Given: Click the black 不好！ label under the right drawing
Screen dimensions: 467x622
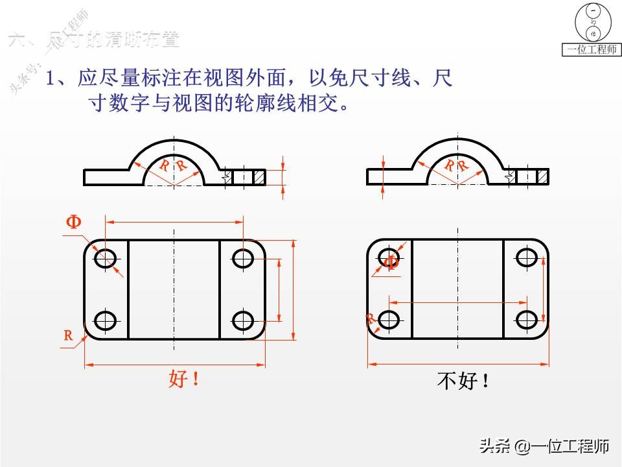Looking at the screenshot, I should pos(463,381).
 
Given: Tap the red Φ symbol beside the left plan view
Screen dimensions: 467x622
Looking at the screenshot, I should pos(73,222).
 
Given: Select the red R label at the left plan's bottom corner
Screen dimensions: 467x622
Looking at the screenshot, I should pos(68,335).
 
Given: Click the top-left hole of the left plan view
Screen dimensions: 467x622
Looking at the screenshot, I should pos(105,258).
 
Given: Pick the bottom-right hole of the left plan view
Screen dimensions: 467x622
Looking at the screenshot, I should pos(243,320).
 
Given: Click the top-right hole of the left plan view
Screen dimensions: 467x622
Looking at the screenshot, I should pos(243,258).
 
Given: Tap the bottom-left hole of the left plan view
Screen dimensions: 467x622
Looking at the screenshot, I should pos(105,320).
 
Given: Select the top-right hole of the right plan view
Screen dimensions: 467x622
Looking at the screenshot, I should pos(527,257).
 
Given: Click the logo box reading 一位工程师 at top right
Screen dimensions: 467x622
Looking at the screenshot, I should pos(591,49).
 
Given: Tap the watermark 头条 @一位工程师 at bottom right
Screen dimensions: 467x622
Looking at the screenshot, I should pos(544,446).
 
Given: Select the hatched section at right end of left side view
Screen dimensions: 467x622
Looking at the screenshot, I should pos(259,176).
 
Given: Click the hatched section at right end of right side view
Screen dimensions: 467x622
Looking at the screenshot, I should pos(542,176).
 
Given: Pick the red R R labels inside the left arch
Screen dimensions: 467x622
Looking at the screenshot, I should pos(173,166).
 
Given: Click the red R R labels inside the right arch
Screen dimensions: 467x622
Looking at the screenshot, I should pos(457,166).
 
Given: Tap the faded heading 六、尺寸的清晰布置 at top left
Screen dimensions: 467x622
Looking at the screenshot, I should pos(93,40).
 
